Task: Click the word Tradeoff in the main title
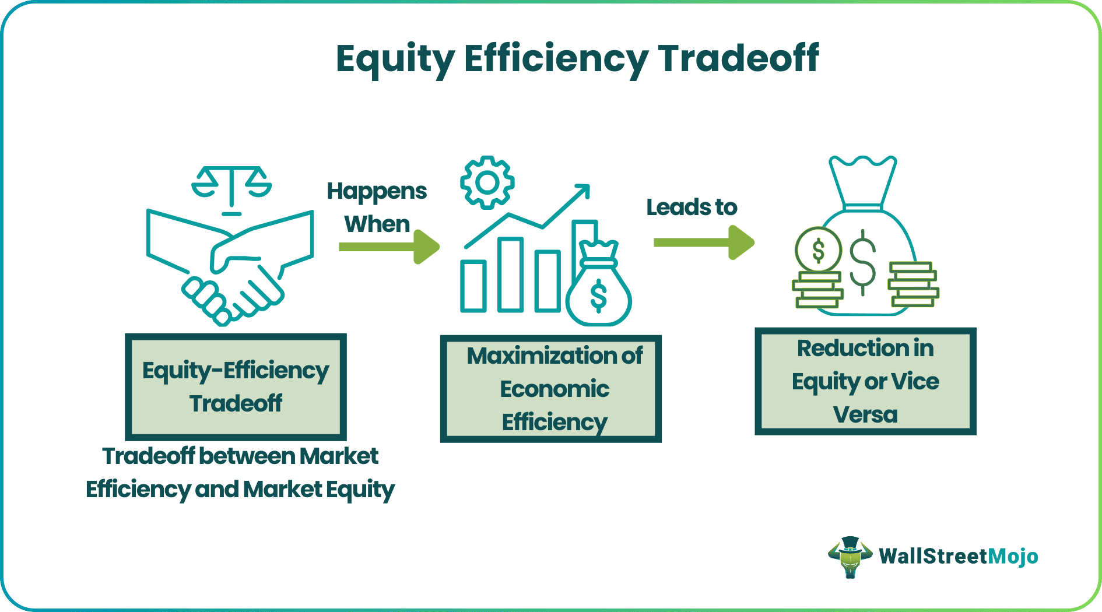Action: pyautogui.click(x=738, y=58)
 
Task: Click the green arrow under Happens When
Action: pyautogui.click(x=389, y=247)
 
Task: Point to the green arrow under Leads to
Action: pyautogui.click(x=704, y=242)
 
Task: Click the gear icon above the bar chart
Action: pyautogui.click(x=487, y=182)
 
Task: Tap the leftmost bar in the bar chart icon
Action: pyautogui.click(x=473, y=286)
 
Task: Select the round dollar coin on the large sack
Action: pyautogui.click(x=818, y=250)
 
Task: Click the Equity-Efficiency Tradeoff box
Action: pyautogui.click(x=236, y=387)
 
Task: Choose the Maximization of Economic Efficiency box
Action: pyautogui.click(x=550, y=389)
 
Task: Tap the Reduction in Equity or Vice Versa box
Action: pyautogui.click(x=865, y=382)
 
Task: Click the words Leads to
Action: pyautogui.click(x=692, y=207)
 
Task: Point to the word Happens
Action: pyautogui.click(x=377, y=192)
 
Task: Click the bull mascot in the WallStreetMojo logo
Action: pyautogui.click(x=850, y=557)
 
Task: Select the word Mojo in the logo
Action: pyautogui.click(x=1013, y=557)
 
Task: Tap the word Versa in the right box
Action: pyautogui.click(x=865, y=415)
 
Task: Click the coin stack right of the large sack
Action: pyautogui.click(x=913, y=284)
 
